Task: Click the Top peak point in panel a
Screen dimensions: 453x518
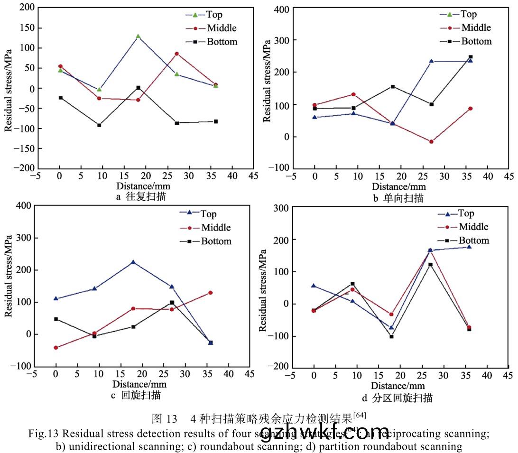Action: (138, 36)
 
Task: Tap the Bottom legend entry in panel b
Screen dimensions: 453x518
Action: (470, 41)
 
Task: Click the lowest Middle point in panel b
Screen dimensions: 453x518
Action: (431, 142)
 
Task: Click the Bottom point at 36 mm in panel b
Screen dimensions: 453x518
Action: (470, 57)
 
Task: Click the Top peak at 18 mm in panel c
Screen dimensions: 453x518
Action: (133, 262)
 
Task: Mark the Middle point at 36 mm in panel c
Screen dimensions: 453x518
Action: (211, 293)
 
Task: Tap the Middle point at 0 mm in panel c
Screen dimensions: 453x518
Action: (56, 348)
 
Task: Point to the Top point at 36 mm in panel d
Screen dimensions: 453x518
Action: (469, 247)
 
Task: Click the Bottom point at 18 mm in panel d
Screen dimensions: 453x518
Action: (391, 336)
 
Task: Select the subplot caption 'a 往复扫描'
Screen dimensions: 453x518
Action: (141, 196)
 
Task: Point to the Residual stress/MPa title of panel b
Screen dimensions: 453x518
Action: (267, 88)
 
